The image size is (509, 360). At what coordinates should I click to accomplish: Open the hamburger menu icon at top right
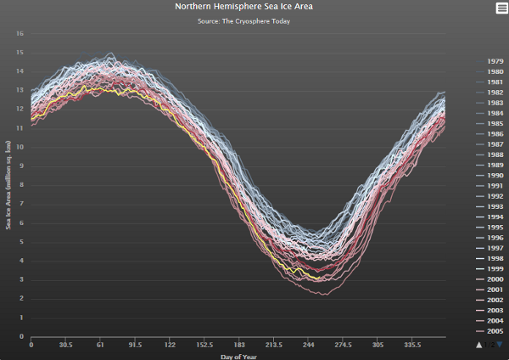(501, 8)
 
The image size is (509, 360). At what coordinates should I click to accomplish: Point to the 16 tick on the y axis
(20, 34)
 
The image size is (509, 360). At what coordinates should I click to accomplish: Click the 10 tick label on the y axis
(20, 147)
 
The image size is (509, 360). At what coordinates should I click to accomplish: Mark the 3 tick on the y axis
(21, 280)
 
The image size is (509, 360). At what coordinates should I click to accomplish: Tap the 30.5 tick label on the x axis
(65, 346)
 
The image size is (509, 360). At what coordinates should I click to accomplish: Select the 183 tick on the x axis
(239, 346)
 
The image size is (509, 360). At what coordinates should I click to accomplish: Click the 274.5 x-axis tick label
(344, 346)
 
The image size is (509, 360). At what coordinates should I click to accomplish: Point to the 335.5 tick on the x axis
(412, 346)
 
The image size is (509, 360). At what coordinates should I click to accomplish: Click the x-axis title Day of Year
(238, 357)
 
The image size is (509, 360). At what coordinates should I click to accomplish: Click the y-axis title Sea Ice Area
(8, 185)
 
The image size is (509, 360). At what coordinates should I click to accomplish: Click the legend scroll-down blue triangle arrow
(501, 345)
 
